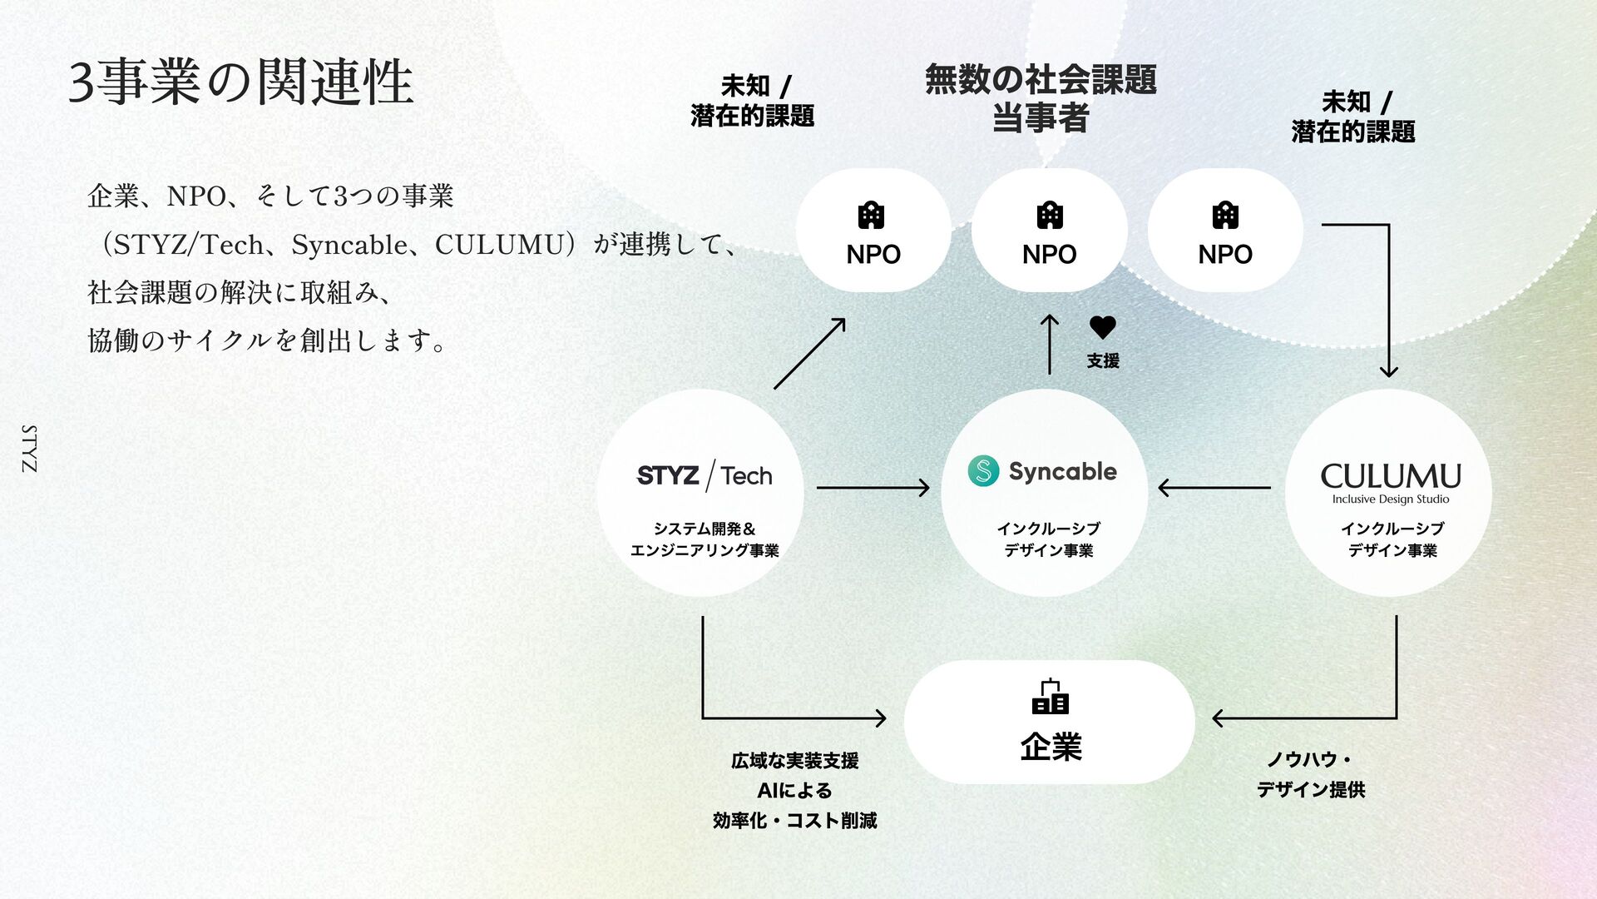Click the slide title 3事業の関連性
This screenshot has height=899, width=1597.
(240, 82)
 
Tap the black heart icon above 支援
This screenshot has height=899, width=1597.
(1102, 327)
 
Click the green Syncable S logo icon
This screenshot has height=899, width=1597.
(983, 471)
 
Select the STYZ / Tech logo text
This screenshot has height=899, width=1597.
(704, 475)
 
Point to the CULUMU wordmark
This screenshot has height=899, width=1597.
(1390, 476)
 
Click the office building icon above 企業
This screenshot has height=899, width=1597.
(1050, 697)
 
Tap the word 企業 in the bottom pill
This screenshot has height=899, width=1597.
(1051, 747)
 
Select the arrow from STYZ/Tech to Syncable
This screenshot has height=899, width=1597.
(873, 488)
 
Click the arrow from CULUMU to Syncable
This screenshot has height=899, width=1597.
(1214, 488)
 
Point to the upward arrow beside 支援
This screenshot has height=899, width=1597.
(1050, 344)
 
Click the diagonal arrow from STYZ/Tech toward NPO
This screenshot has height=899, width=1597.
(809, 353)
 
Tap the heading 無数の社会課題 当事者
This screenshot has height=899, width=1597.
(1041, 98)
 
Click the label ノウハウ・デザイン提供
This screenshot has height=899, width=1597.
(1310, 774)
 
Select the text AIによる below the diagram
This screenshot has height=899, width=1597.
(794, 791)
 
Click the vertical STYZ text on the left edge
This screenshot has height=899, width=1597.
(29, 449)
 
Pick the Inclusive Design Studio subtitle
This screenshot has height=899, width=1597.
(1390, 499)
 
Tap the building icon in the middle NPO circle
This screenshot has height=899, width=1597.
(1050, 216)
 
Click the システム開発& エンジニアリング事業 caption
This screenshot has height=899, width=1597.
(705, 539)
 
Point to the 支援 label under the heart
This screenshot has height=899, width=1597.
(1103, 361)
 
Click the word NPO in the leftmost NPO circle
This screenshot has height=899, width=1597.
(873, 255)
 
